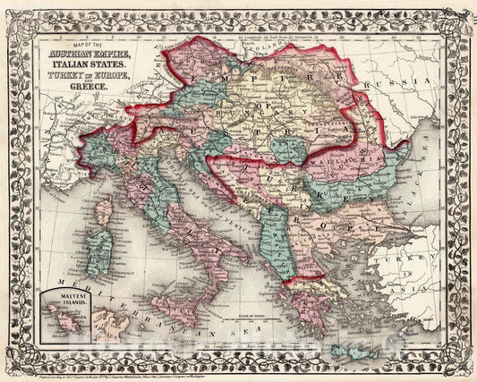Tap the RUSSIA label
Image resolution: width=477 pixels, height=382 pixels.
(x=400, y=79)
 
